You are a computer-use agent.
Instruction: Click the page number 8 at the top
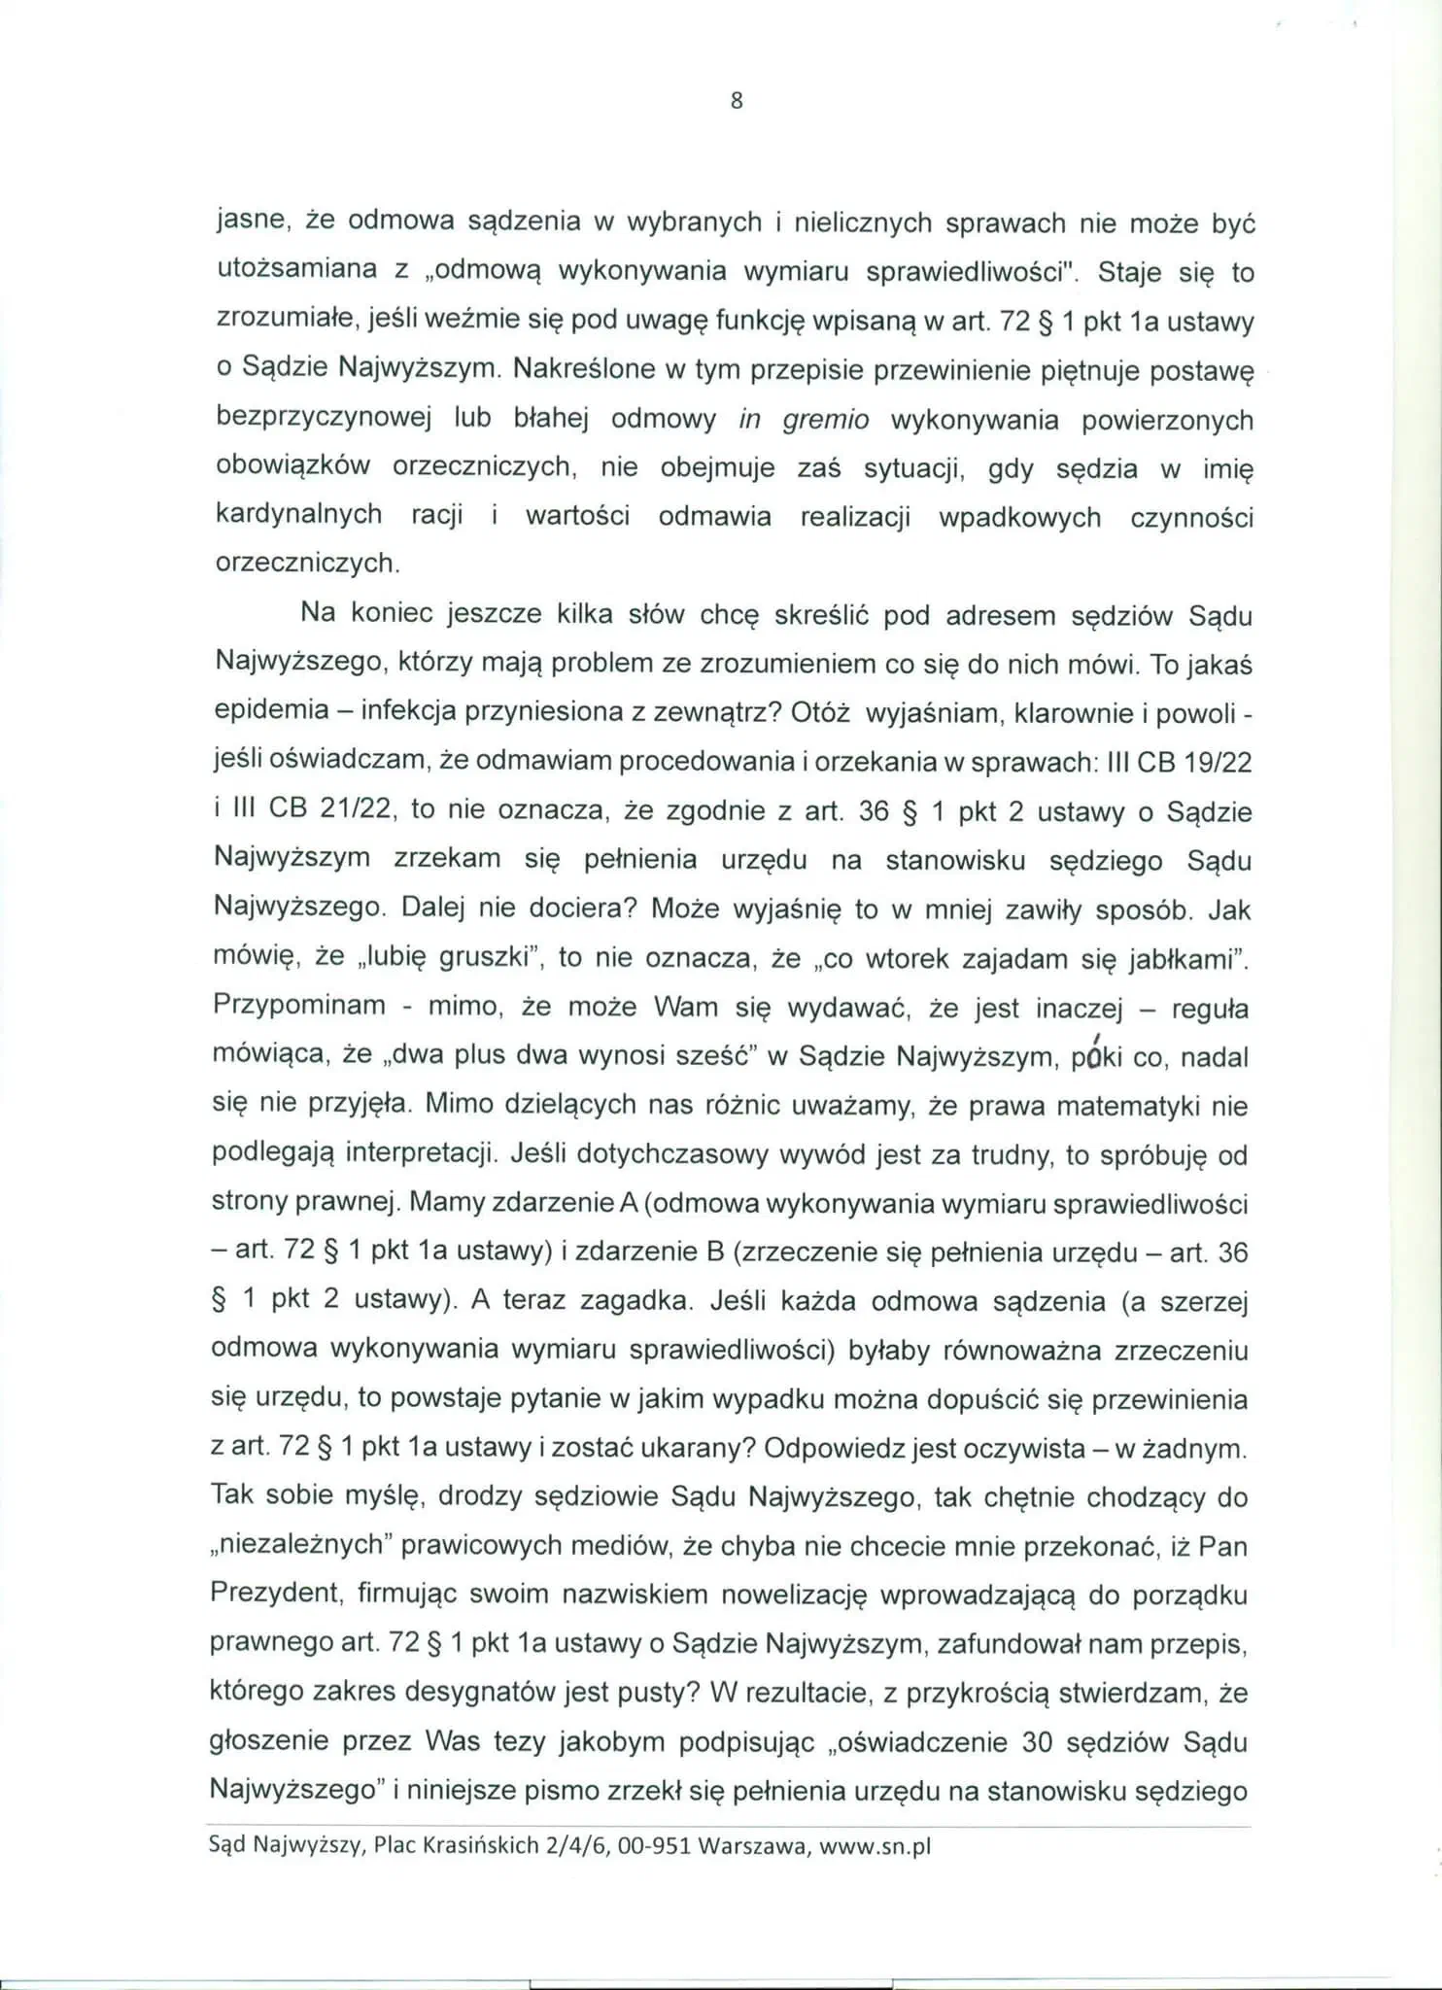click(x=736, y=100)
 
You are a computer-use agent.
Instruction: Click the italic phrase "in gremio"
click(x=804, y=420)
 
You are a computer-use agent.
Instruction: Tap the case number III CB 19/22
click(x=1179, y=762)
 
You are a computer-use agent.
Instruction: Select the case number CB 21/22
click(x=325, y=809)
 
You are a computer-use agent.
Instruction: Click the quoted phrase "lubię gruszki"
click(x=450, y=958)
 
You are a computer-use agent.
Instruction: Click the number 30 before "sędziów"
click(x=1038, y=1741)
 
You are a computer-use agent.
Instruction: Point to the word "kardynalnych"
click(x=298, y=515)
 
